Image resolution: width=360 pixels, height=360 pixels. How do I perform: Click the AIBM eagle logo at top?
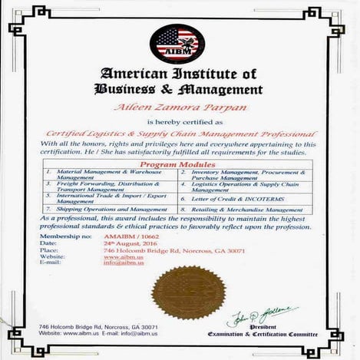[x=179, y=43]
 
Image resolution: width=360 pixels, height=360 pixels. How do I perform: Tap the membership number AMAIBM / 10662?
[x=127, y=236]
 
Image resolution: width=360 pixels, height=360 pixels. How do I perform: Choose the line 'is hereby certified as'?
[x=179, y=121]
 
